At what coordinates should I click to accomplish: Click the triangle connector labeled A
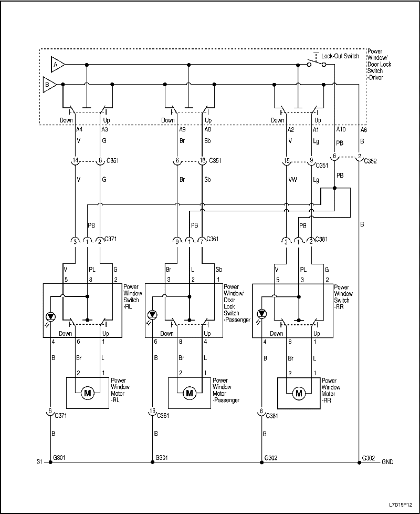tap(57, 65)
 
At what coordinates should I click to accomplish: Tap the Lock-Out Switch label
tap(340, 56)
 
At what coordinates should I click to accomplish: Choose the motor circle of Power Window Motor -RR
tap(299, 393)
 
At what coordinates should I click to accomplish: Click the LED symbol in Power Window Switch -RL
tap(50, 315)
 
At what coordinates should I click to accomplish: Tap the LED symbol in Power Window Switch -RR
tap(261, 314)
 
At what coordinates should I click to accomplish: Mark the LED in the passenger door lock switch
tap(152, 315)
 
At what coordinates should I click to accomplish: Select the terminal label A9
tap(183, 129)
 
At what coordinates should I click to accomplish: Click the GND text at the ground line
tap(388, 462)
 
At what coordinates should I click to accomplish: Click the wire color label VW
tap(292, 179)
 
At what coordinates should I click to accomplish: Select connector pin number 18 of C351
tap(202, 161)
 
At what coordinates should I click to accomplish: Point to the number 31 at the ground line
tap(39, 462)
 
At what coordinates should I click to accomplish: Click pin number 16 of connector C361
tap(152, 411)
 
